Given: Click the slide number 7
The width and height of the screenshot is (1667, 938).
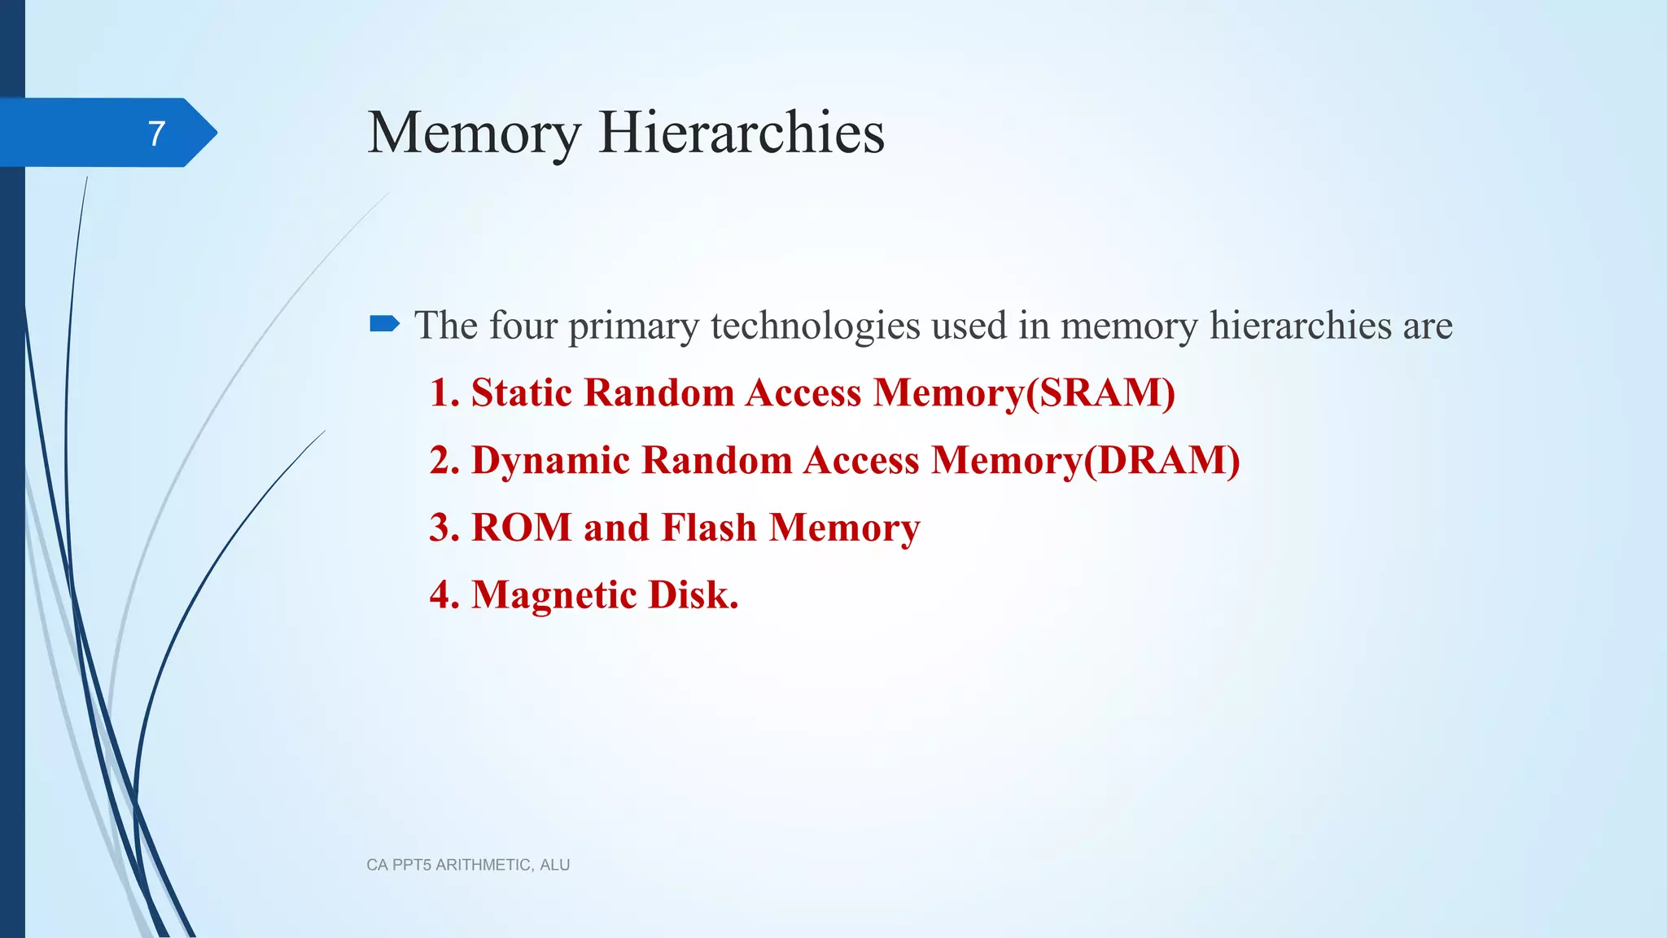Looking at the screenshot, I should tap(157, 133).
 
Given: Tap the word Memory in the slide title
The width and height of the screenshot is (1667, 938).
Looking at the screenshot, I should tap(475, 132).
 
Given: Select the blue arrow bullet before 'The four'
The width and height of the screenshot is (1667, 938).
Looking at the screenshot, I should tap(384, 325).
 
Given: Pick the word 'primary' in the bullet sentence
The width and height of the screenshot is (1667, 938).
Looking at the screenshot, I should tap(633, 327).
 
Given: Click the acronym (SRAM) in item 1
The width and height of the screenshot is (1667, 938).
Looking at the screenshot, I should tap(1100, 393).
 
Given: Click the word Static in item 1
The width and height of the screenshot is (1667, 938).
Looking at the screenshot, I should tap(522, 392).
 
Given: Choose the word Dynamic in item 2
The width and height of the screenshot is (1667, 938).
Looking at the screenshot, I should tap(550, 461).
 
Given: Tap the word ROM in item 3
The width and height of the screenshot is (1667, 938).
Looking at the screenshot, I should tap(522, 528).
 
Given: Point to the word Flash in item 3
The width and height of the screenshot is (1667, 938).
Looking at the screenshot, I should tap(709, 528).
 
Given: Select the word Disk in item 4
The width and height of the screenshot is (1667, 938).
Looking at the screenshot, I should tap(693, 595).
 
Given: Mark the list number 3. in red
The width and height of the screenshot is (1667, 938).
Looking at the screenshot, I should tap(444, 528).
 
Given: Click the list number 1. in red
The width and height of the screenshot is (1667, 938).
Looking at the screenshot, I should tap(444, 392).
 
